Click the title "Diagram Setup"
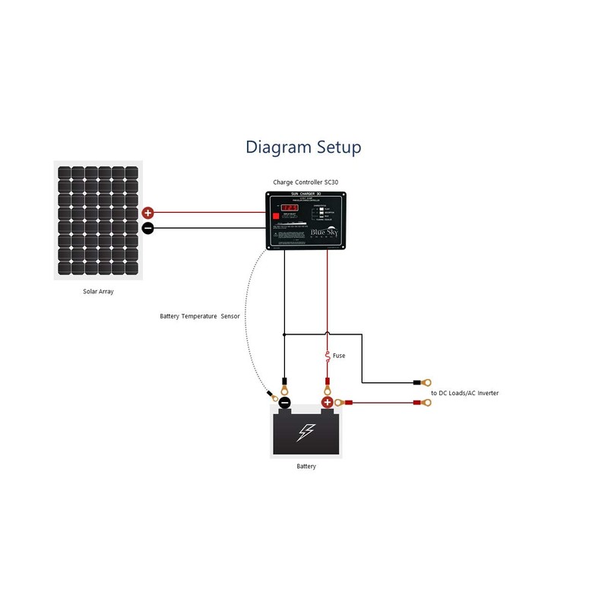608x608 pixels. (x=303, y=147)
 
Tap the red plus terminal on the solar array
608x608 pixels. (x=147, y=214)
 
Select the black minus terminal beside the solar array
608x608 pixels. (x=147, y=228)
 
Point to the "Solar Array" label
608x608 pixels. (x=98, y=291)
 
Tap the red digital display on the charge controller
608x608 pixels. (x=290, y=207)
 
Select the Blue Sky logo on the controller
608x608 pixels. (x=327, y=231)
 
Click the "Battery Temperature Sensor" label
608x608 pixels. (x=200, y=315)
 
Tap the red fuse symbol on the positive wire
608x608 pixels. (x=328, y=356)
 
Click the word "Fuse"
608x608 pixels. (x=339, y=356)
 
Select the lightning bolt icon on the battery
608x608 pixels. (x=306, y=432)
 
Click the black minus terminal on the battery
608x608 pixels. (x=284, y=403)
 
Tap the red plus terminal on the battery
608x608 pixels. (x=328, y=403)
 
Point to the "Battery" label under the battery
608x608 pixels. (x=306, y=466)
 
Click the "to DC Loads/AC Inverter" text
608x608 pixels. (x=464, y=393)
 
